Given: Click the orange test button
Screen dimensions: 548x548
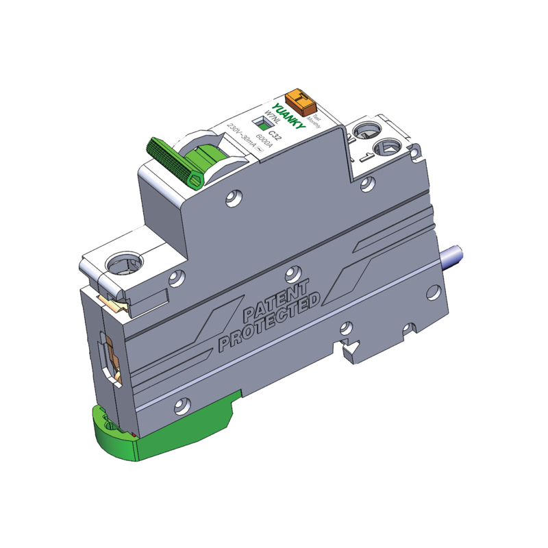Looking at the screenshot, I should [x=301, y=101].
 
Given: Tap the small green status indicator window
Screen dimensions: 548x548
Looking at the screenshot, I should [x=260, y=123].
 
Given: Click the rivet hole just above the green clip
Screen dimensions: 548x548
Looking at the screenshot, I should [x=181, y=406].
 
